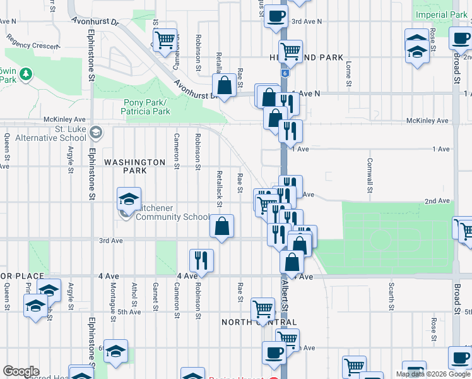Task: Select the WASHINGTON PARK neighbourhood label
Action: point(134,166)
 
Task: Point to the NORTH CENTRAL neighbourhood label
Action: point(259,322)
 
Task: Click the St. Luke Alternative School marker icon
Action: point(96,133)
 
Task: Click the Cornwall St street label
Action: point(369,175)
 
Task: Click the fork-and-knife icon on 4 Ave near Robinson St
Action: point(202,258)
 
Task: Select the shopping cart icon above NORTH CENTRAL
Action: point(263,309)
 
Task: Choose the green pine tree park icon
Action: point(26,75)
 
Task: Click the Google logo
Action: point(21,371)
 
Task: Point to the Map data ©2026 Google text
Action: point(432,374)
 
